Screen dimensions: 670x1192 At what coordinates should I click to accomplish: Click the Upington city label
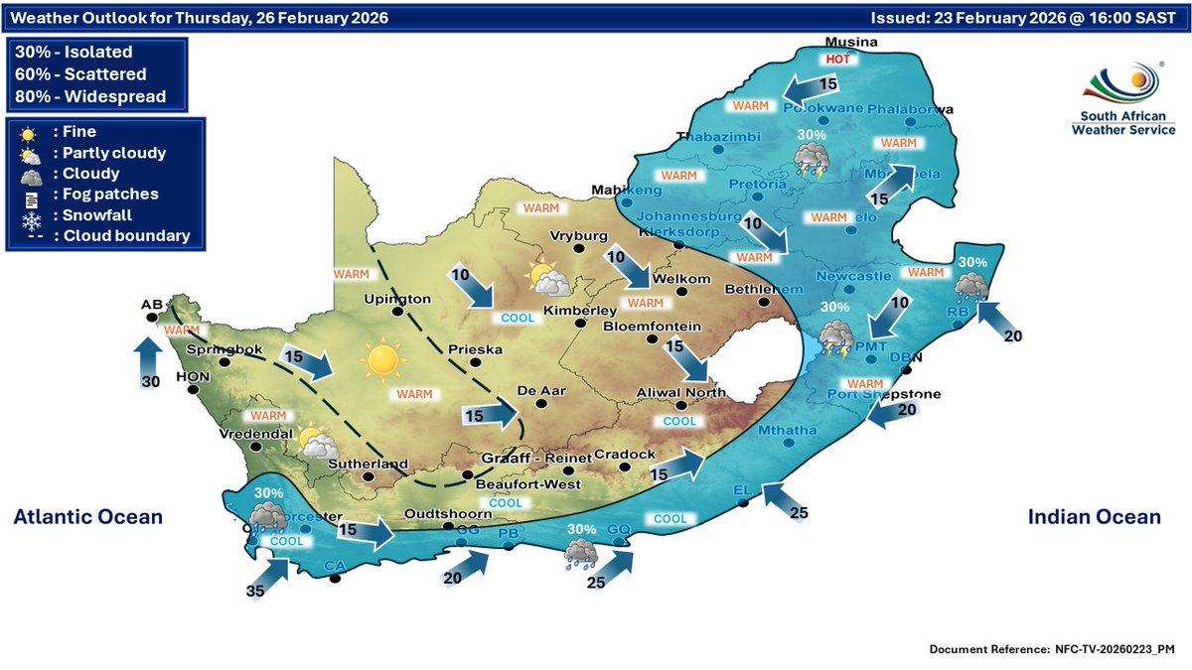pyautogui.click(x=397, y=299)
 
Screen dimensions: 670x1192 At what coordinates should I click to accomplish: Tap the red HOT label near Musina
pyautogui.click(x=836, y=60)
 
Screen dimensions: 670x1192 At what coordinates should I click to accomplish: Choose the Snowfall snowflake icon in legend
pyautogui.click(x=27, y=215)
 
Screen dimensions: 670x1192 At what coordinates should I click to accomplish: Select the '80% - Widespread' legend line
pyautogui.click(x=90, y=96)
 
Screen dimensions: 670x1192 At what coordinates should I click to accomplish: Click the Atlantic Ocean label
pyautogui.click(x=87, y=517)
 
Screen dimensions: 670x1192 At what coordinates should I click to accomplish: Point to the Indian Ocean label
pyautogui.click(x=1093, y=517)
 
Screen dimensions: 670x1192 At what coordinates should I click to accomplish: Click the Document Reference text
pyautogui.click(x=1053, y=648)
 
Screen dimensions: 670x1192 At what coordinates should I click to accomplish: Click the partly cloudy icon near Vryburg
pyautogui.click(x=549, y=280)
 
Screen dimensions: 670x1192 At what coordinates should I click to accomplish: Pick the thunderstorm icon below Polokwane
pyautogui.click(x=813, y=159)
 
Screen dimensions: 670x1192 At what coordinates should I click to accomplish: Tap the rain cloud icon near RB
pyautogui.click(x=970, y=288)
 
